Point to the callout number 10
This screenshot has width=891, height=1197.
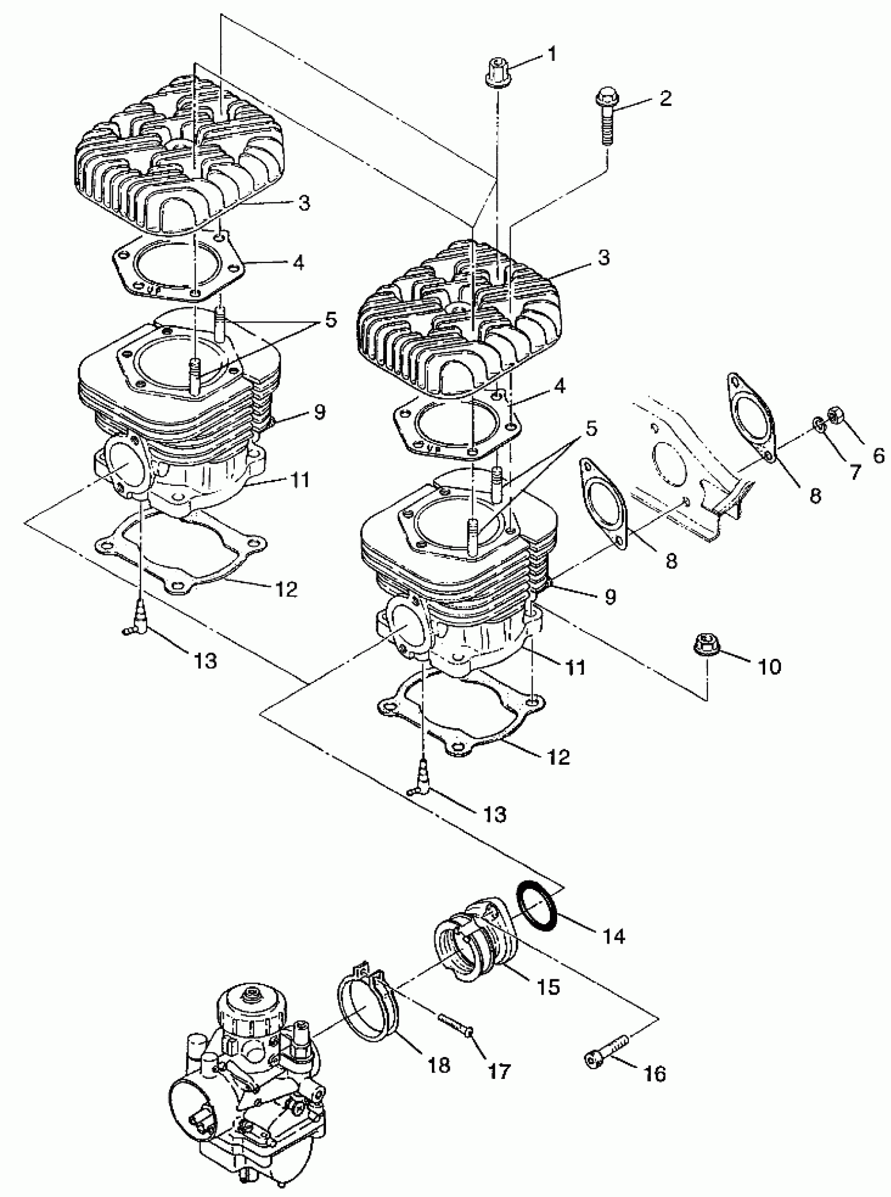click(770, 667)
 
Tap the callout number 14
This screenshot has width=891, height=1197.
click(614, 936)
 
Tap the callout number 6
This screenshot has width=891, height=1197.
click(878, 456)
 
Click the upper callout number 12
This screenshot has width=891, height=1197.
click(286, 590)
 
